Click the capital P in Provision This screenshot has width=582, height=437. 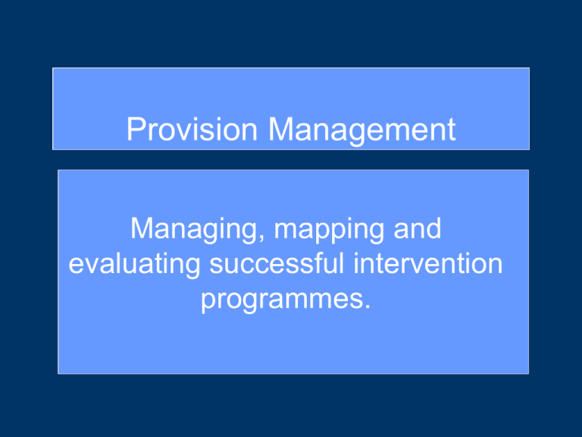136,130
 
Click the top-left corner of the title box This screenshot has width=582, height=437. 53,68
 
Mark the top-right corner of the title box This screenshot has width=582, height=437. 529,68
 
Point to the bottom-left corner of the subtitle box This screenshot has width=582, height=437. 58,374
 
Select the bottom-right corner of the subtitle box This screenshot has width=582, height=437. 528,374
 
